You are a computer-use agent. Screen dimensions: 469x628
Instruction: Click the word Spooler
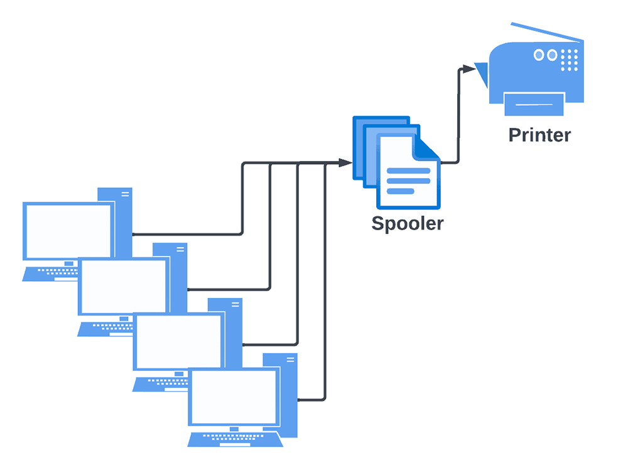(407, 223)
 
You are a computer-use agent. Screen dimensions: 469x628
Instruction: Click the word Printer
(539, 135)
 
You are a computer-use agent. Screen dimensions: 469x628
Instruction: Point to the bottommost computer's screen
(234, 397)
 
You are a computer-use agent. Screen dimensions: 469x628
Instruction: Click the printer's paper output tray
(534, 103)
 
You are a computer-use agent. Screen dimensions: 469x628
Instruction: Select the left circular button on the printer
(539, 55)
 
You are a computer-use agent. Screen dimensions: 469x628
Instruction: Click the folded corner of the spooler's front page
(428, 148)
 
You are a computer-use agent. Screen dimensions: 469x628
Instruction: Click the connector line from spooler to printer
(457, 119)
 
